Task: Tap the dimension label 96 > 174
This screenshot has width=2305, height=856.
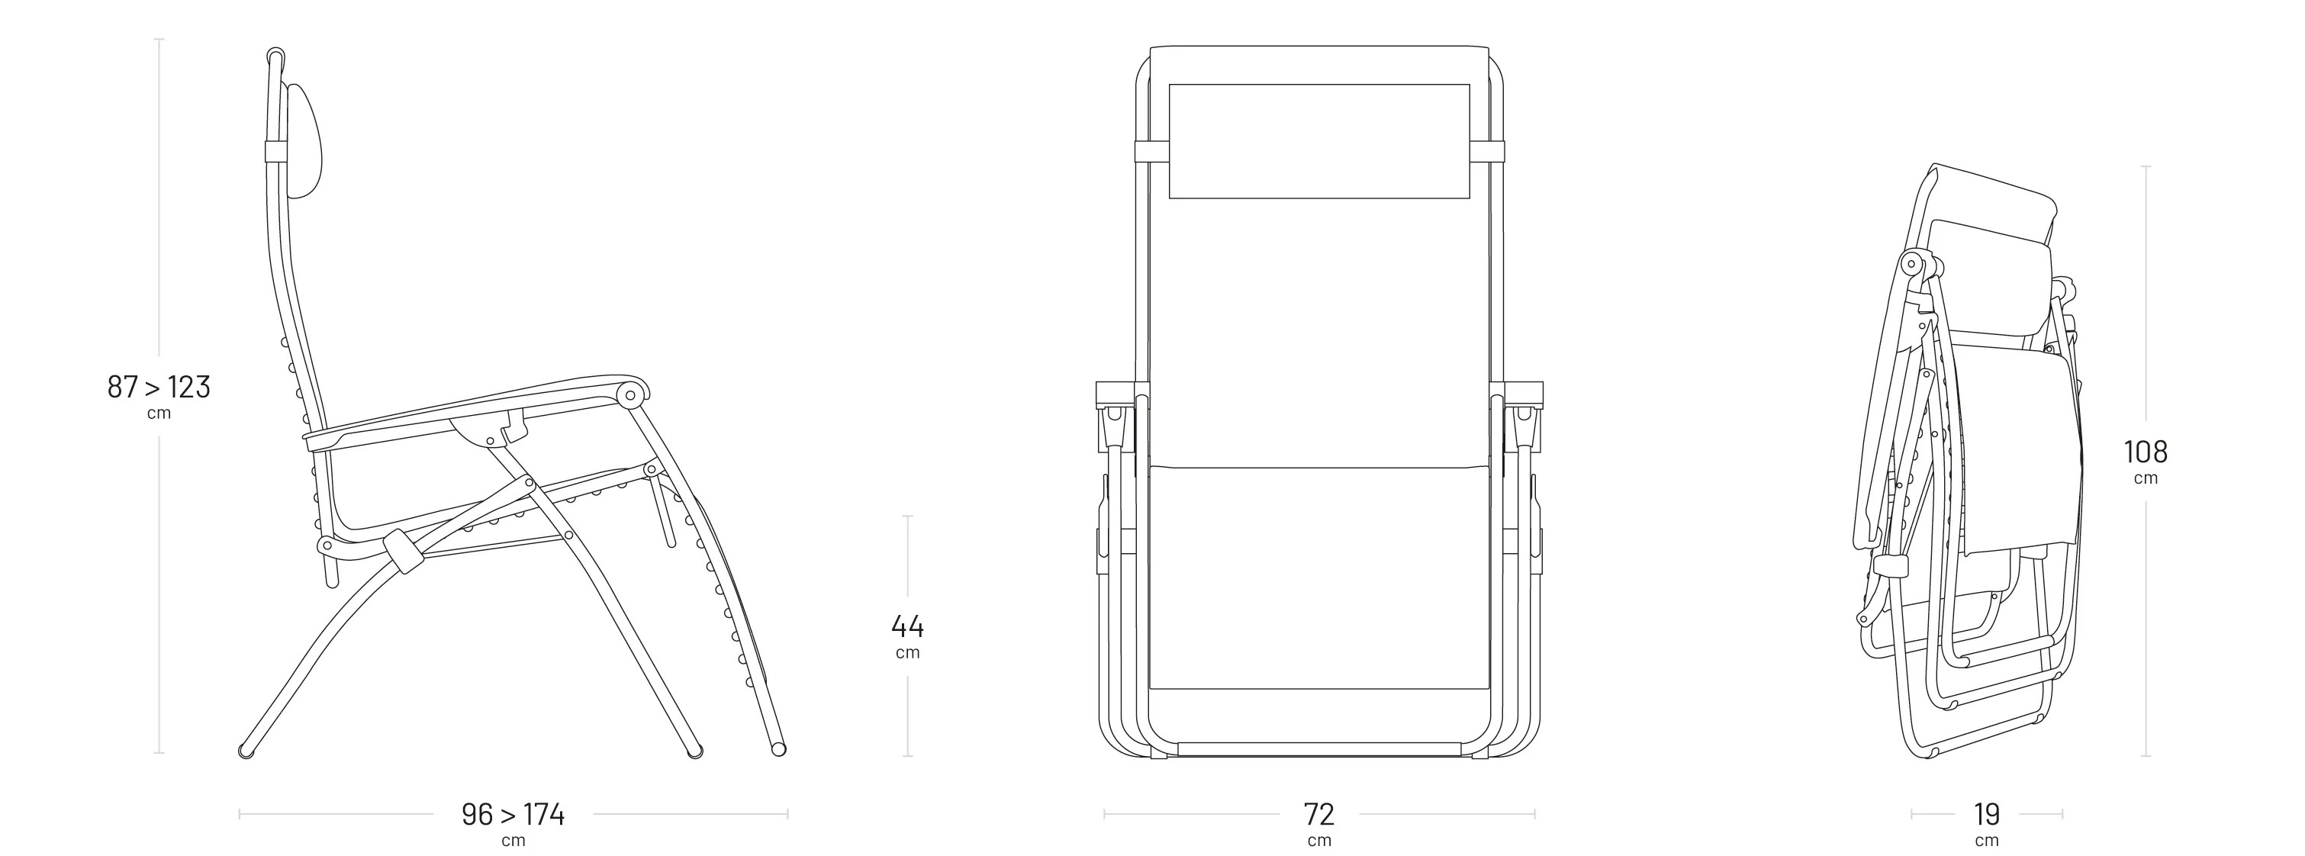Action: pos(513,814)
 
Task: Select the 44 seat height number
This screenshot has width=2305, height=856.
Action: pos(907,626)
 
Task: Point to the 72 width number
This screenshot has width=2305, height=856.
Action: pos(1319,814)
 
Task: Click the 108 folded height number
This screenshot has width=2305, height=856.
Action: pos(2146,452)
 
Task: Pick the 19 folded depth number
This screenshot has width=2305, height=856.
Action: pos(1987,814)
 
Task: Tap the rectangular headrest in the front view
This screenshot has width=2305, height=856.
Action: pos(1319,141)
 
